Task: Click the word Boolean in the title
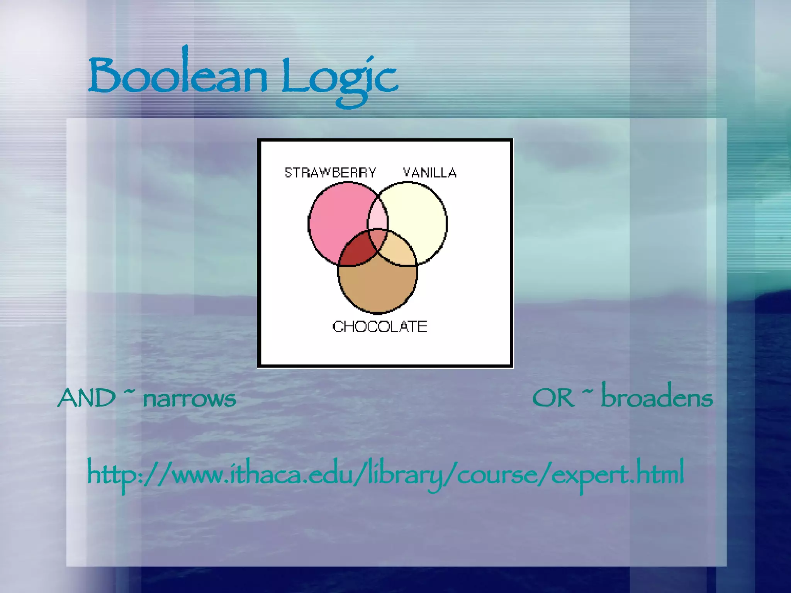click(x=178, y=75)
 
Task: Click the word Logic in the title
click(x=339, y=77)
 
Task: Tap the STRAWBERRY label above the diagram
click(x=330, y=172)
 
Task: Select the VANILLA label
click(x=429, y=172)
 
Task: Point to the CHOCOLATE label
click(x=380, y=327)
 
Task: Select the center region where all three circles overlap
click(x=378, y=239)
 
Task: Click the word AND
click(x=87, y=398)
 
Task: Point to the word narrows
click(x=189, y=399)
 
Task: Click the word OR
click(x=553, y=398)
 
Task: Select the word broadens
click(x=657, y=397)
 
